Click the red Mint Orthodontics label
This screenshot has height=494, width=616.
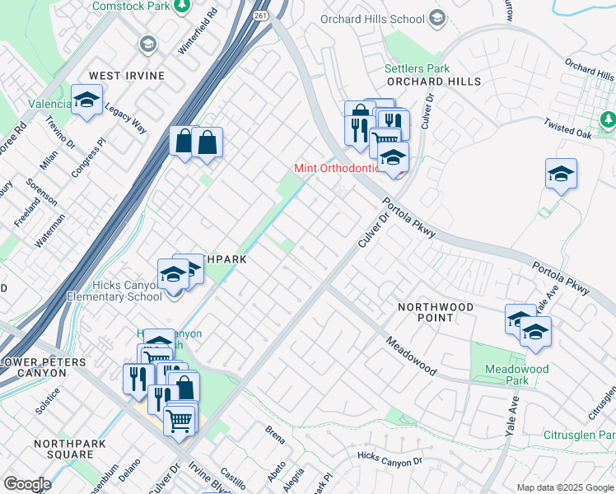click(337, 169)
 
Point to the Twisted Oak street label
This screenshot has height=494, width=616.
click(568, 128)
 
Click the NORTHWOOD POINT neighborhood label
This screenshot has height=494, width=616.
click(436, 312)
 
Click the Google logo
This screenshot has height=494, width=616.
click(27, 484)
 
